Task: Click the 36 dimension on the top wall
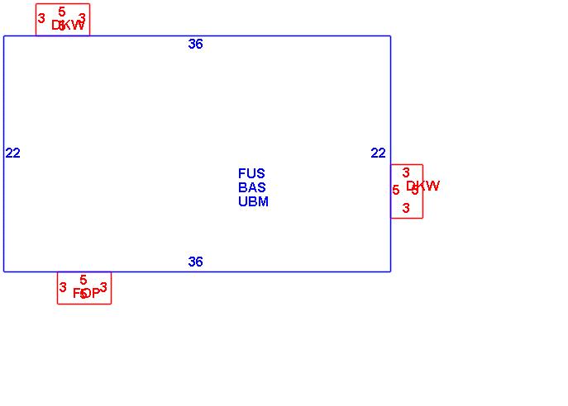pyautogui.click(x=195, y=45)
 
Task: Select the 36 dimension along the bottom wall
pyautogui.click(x=195, y=262)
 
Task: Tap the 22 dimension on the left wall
pyautogui.click(x=12, y=153)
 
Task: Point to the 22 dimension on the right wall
pyautogui.click(x=378, y=153)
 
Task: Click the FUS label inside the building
pyautogui.click(x=251, y=174)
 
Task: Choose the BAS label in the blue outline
pyautogui.click(x=251, y=188)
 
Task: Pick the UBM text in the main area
pyautogui.click(x=253, y=202)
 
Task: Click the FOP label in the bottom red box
pyautogui.click(x=86, y=293)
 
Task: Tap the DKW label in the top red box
pyautogui.click(x=68, y=26)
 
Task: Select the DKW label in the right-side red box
pyautogui.click(x=422, y=186)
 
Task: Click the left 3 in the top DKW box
pyautogui.click(x=41, y=18)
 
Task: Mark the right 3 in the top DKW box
pyautogui.click(x=82, y=18)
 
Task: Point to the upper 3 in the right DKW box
pyautogui.click(x=406, y=172)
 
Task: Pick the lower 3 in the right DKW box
pyautogui.click(x=406, y=209)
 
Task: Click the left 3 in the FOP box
pyautogui.click(x=63, y=288)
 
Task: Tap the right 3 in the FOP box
pyautogui.click(x=103, y=288)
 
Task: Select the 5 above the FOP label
pyautogui.click(x=84, y=281)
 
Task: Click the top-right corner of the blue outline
pyautogui.click(x=390, y=36)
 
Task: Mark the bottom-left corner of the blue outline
pyautogui.click(x=4, y=271)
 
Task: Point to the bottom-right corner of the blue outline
pyautogui.click(x=390, y=271)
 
